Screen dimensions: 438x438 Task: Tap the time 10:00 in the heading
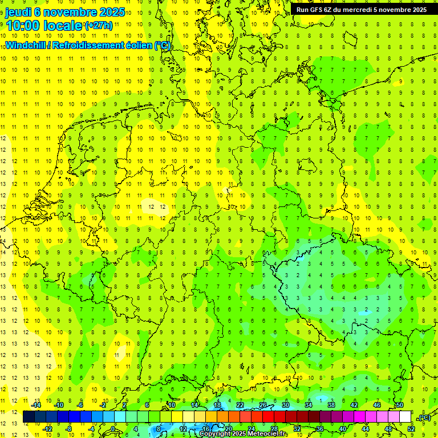tap(23, 26)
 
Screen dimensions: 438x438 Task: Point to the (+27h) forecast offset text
tap(99, 26)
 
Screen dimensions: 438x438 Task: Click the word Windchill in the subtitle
tap(26, 45)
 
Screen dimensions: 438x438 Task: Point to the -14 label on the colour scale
tap(36, 405)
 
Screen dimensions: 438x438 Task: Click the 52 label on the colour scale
tap(411, 429)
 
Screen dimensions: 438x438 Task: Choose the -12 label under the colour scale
tap(48, 429)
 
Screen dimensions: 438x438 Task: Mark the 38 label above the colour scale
tap(331, 405)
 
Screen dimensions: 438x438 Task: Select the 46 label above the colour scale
tap(376, 405)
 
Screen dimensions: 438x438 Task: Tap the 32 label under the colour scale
tap(297, 429)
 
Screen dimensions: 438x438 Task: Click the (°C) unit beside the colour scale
tap(424, 417)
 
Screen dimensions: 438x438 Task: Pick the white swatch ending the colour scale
tap(405, 417)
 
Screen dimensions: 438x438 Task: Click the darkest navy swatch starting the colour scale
tap(29, 417)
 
